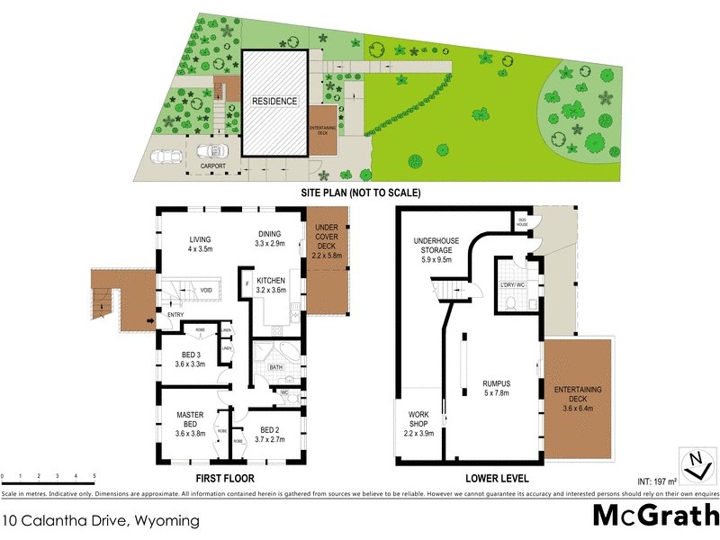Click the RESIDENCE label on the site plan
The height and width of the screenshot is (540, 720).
[x=274, y=102]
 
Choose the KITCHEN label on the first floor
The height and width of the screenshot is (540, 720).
[x=271, y=280]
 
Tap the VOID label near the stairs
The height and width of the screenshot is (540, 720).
[x=206, y=290]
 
